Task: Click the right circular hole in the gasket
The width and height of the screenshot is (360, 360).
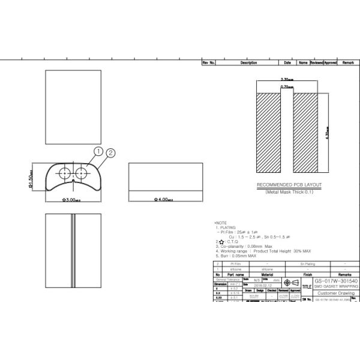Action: [80, 173]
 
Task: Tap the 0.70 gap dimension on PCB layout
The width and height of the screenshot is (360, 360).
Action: [287, 88]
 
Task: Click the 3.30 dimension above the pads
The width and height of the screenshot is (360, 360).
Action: [286, 79]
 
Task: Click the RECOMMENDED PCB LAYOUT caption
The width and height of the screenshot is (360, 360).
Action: [289, 185]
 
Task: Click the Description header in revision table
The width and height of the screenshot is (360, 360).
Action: [248, 62]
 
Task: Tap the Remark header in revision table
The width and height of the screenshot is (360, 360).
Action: [349, 62]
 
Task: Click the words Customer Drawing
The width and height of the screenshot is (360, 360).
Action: [336, 293]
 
